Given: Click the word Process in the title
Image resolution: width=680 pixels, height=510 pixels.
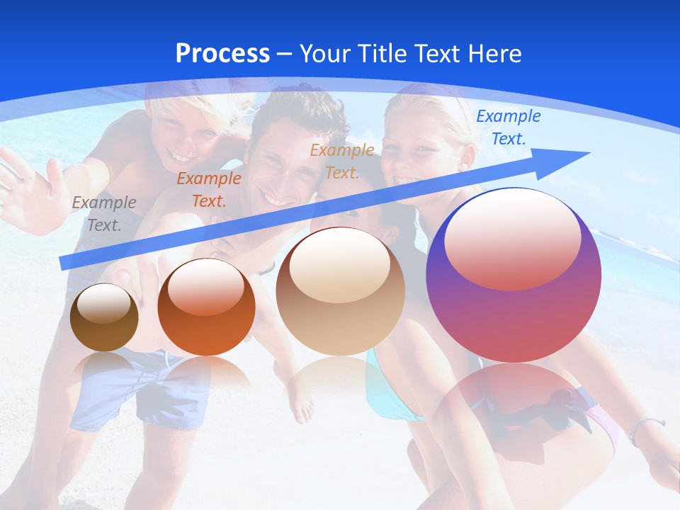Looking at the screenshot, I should pyautogui.click(x=222, y=54).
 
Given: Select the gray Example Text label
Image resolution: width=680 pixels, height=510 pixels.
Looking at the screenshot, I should pyautogui.click(x=103, y=213).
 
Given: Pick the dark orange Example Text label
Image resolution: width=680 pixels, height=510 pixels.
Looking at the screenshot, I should pyautogui.click(x=208, y=189).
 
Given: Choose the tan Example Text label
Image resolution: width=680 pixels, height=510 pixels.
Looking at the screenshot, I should pyautogui.click(x=342, y=161).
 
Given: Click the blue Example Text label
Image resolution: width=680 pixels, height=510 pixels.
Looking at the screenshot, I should pyautogui.click(x=508, y=127).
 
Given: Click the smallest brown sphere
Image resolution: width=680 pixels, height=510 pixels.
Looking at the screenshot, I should pyautogui.click(x=104, y=317).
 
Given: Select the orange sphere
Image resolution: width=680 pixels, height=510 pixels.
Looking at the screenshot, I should pyautogui.click(x=206, y=307).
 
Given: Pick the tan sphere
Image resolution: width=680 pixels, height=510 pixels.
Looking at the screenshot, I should pyautogui.click(x=341, y=291).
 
